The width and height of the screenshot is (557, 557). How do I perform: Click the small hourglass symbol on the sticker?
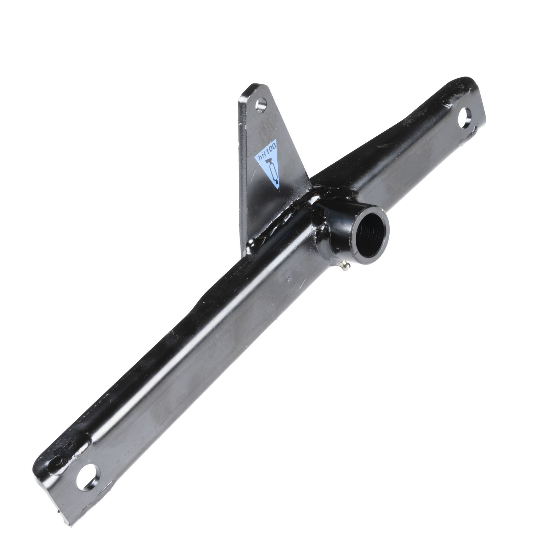click(x=263, y=155)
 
